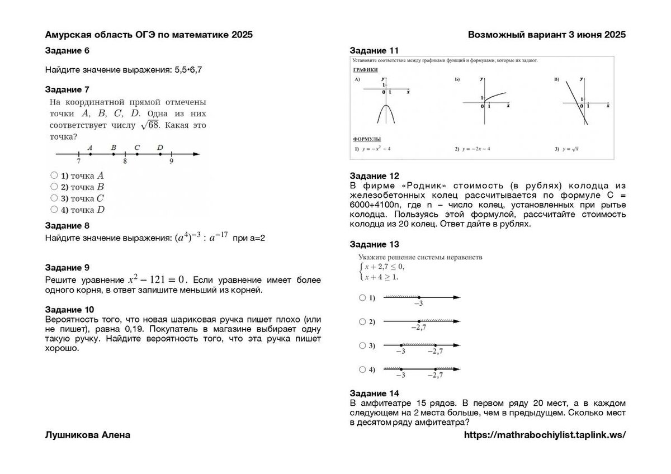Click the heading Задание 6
67,51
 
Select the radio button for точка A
54,175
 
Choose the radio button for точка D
54,210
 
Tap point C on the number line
137,154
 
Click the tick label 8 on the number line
125,161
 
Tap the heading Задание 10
69,310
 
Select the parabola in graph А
386,112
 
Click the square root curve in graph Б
495,97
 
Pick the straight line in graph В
576,101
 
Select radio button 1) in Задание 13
362,298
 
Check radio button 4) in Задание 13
362,369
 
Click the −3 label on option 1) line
418,304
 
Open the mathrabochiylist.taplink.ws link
545,435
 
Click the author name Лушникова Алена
88,435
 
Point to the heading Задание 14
374,393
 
